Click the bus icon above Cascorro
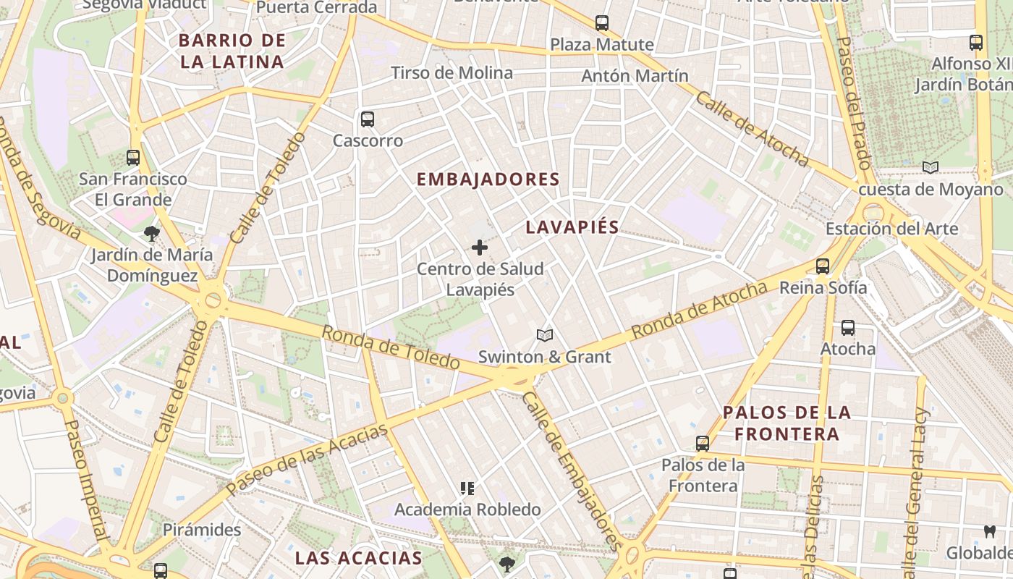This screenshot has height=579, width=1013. click(x=368, y=119)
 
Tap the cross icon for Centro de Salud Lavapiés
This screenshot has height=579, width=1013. click(x=479, y=248)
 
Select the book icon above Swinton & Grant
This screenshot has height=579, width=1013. click(x=545, y=335)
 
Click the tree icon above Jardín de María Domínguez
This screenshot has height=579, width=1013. click(x=151, y=233)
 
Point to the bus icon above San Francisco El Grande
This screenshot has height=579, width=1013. click(x=133, y=157)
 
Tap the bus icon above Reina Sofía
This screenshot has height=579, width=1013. click(x=823, y=266)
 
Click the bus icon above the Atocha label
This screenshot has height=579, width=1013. click(x=848, y=328)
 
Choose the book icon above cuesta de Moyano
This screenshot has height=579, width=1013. click(x=931, y=168)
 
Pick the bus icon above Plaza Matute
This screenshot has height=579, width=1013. click(x=602, y=23)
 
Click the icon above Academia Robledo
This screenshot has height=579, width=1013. click(x=467, y=489)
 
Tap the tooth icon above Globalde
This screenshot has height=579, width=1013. click(x=990, y=532)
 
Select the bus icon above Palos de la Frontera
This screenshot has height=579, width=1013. click(x=702, y=444)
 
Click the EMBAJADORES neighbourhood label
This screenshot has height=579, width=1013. click(x=488, y=179)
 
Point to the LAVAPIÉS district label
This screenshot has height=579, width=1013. click(x=572, y=227)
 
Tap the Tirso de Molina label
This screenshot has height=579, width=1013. click(x=452, y=72)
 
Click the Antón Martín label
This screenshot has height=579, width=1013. click(x=635, y=75)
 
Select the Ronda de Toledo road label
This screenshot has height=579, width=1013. click(x=391, y=347)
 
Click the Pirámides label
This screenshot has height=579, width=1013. click(x=201, y=530)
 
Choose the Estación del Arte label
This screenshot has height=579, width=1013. click(x=891, y=229)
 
